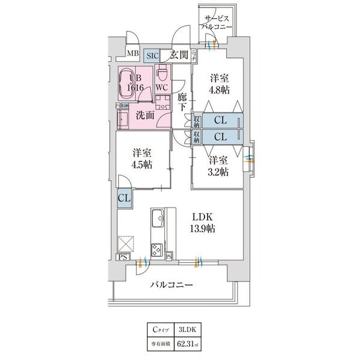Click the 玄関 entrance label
coord(179,55)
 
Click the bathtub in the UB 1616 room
coord(127,83)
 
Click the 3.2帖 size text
coord(219,172)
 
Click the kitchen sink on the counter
coord(158,218)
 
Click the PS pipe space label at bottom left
coord(123,257)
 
